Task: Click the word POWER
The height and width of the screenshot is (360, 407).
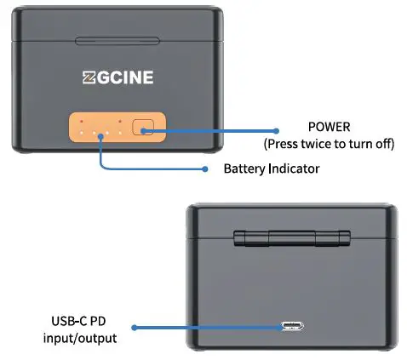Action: (x=328, y=126)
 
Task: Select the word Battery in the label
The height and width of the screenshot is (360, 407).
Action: (x=244, y=169)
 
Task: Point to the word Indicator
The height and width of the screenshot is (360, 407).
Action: (x=292, y=169)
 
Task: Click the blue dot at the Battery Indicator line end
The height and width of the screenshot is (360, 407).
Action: (x=204, y=168)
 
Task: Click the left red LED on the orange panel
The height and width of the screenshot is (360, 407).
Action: (x=82, y=122)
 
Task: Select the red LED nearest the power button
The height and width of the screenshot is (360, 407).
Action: (x=121, y=122)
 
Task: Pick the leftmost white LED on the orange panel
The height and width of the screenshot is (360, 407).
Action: (x=82, y=134)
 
